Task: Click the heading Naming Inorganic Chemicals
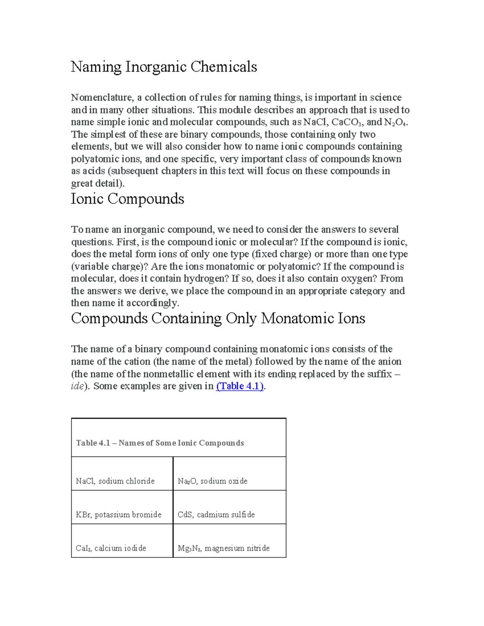pos(164,67)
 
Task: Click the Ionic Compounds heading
pos(127,199)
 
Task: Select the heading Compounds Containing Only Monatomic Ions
pos(218,318)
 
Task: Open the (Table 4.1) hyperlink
pos(240,386)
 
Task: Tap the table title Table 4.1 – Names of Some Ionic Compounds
pos(160,443)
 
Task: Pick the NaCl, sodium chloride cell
pos(115,481)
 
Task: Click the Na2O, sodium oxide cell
pos(213,481)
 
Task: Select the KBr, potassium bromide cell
pos(119,515)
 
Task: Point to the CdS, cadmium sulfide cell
pos(216,515)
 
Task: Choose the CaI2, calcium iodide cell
pos(111,548)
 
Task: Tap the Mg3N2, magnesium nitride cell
pos(223,548)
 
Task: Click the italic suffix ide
pos(77,386)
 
